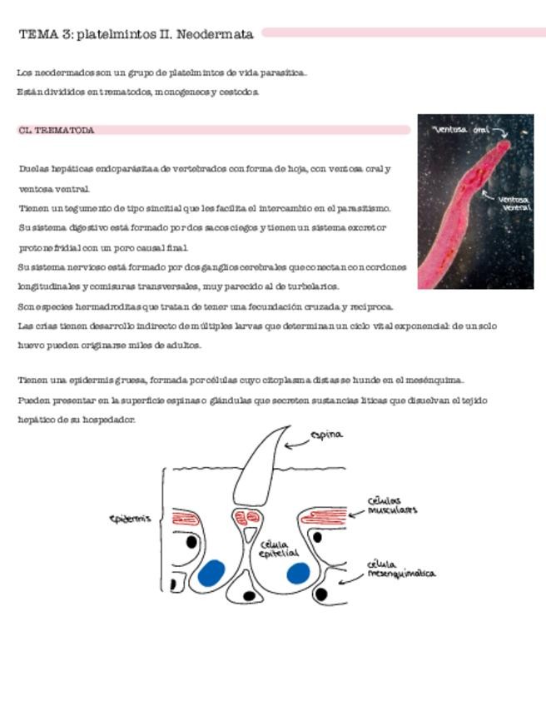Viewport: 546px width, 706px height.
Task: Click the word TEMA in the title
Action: (x=37, y=34)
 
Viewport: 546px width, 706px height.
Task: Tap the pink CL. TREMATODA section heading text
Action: (x=56, y=131)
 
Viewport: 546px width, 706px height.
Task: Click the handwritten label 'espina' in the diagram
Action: (x=325, y=435)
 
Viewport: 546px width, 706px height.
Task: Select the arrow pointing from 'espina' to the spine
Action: (x=296, y=444)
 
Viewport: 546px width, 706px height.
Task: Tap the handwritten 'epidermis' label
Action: (x=130, y=520)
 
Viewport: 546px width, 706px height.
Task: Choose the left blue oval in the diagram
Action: (x=211, y=573)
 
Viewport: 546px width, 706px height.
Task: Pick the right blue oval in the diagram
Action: (x=298, y=573)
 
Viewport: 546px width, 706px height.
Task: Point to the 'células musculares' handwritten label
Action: (x=391, y=505)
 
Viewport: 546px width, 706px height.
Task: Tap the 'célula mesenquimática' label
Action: (x=400, y=569)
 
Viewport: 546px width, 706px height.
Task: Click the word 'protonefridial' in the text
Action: (x=50, y=247)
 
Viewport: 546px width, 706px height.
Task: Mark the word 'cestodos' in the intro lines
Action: (x=241, y=92)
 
